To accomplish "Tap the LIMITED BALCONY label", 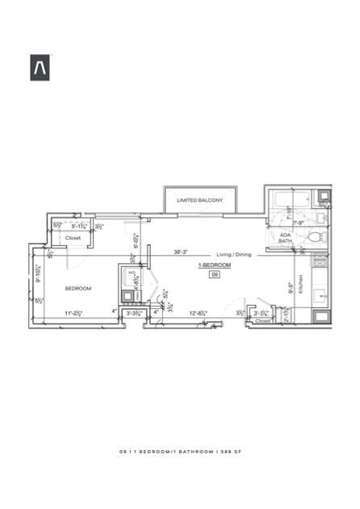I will [200, 199].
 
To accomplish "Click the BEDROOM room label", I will [78, 288].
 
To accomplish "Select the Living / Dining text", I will [234, 255].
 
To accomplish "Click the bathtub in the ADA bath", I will [291, 200].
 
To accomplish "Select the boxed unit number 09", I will [215, 274].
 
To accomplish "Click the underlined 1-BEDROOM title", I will [215, 265].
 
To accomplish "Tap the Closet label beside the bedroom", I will [73, 238].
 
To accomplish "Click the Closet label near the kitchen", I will [262, 320].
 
